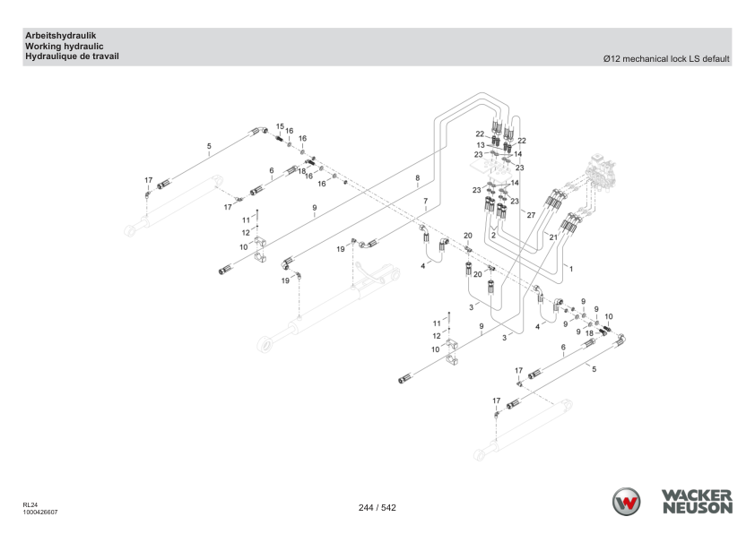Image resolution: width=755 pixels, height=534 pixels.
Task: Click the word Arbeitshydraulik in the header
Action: pyautogui.click(x=61, y=36)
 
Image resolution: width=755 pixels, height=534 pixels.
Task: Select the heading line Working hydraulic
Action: pyautogui.click(x=64, y=47)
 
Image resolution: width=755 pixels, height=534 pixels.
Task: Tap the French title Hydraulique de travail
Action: pyautogui.click(x=72, y=56)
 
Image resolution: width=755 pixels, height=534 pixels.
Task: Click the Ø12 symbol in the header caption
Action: pyautogui.click(x=612, y=59)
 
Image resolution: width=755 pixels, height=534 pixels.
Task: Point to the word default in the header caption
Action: pyautogui.click(x=716, y=59)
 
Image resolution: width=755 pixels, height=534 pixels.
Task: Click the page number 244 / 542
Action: pyautogui.click(x=377, y=507)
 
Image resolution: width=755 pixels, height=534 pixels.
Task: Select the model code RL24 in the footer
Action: pyautogui.click(x=30, y=504)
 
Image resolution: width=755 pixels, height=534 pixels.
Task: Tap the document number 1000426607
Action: pyautogui.click(x=40, y=512)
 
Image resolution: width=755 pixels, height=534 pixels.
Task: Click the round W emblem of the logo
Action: pyautogui.click(x=626, y=502)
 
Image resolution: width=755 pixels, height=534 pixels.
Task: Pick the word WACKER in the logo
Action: pyautogui.click(x=697, y=495)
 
